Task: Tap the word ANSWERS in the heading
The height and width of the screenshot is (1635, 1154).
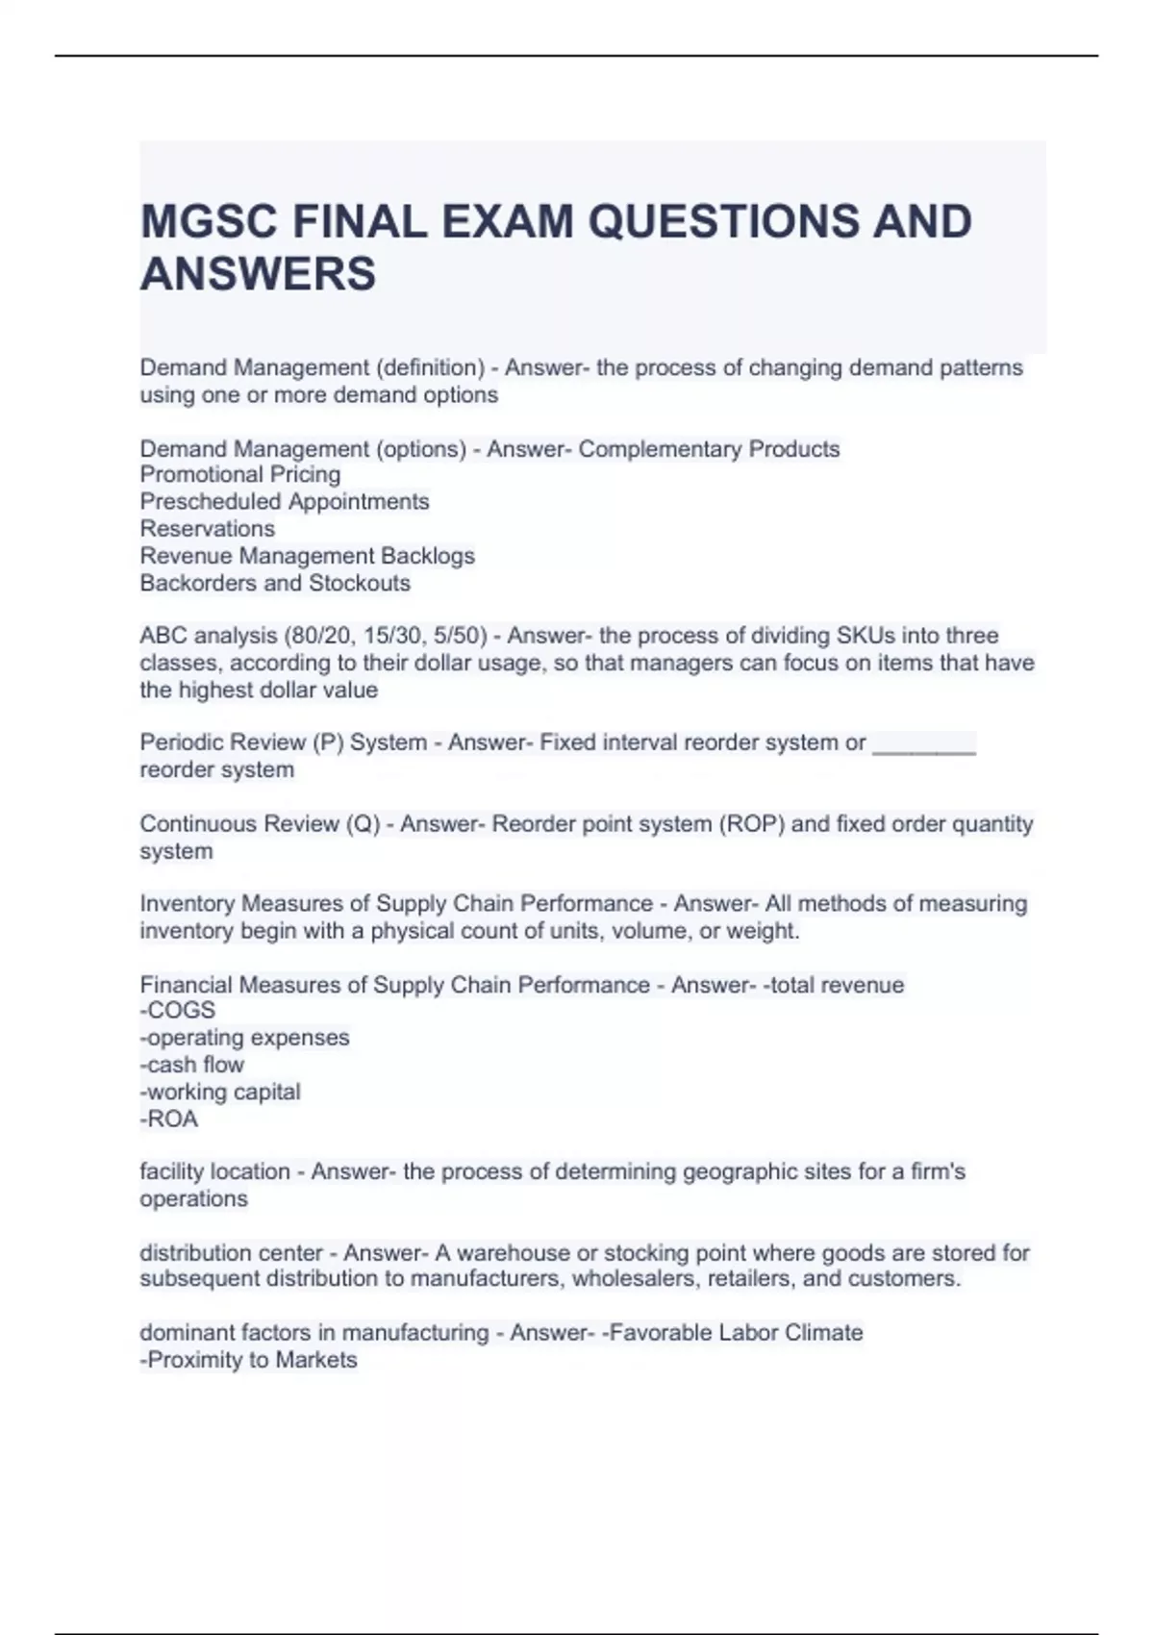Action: click(x=258, y=274)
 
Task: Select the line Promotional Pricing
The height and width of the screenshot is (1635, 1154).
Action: click(x=240, y=475)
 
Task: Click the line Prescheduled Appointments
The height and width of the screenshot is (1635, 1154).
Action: click(x=285, y=502)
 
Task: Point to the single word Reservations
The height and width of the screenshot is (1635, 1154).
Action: click(x=208, y=529)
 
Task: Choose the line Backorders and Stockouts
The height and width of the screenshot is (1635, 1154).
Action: click(x=275, y=583)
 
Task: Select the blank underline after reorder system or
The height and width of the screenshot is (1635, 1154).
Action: click(x=923, y=743)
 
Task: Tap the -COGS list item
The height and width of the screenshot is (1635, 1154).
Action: click(x=178, y=1011)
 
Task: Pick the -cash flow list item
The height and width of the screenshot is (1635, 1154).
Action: click(x=192, y=1065)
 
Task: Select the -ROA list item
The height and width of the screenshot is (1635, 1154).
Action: click(x=169, y=1119)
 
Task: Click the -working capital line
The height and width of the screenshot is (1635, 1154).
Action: click(x=220, y=1092)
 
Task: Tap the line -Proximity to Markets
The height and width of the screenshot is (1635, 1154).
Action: click(x=248, y=1360)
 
